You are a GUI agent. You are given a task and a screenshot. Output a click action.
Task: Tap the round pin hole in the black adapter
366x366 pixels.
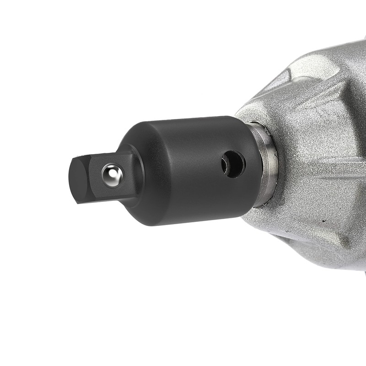tap(233, 164)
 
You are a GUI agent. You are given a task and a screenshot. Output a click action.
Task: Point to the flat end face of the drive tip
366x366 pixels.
tap(78, 180)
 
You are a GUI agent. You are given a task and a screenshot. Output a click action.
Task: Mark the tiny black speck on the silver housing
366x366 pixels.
tap(324, 221)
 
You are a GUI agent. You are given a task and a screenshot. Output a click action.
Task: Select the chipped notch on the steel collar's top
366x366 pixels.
tap(256, 126)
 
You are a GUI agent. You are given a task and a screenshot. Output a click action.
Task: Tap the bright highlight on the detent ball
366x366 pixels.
tap(110, 173)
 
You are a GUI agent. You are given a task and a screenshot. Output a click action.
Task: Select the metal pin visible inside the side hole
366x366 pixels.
tap(229, 162)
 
